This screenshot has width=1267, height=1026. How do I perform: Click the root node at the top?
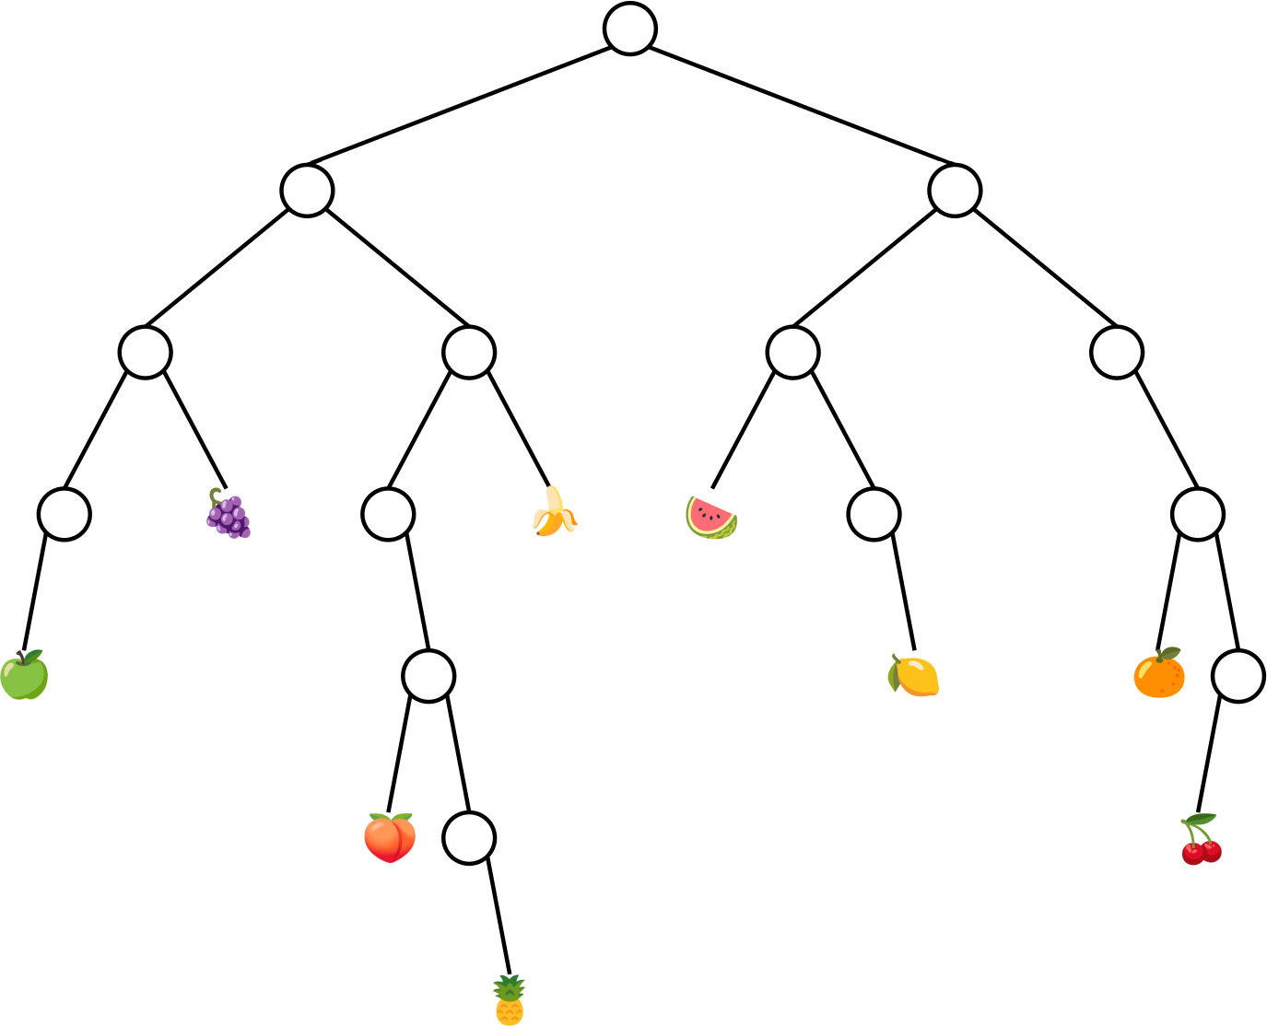click(630, 29)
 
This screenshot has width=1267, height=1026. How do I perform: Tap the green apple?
click(24, 677)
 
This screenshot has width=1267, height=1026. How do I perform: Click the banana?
click(554, 514)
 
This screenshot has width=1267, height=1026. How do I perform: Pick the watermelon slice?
click(711, 517)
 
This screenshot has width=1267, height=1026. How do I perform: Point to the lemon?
click(913, 676)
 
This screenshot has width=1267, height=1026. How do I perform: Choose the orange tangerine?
click(1159, 674)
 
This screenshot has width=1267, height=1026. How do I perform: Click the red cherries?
click(1201, 840)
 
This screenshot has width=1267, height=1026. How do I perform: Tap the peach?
click(390, 838)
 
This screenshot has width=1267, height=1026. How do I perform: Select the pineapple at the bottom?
click(510, 1000)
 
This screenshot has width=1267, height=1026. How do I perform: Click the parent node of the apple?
click(65, 514)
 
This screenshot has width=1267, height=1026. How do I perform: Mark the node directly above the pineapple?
click(469, 838)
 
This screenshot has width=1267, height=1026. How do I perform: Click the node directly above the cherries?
click(1238, 676)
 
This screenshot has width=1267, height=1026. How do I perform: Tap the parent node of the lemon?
click(874, 514)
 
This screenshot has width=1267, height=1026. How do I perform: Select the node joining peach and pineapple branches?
click(428, 676)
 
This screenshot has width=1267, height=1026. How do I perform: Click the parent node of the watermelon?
click(792, 352)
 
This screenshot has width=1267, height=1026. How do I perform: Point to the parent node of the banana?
click(469, 352)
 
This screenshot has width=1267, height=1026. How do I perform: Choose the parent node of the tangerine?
click(1198, 514)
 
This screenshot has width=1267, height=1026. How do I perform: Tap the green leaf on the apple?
click(34, 657)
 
